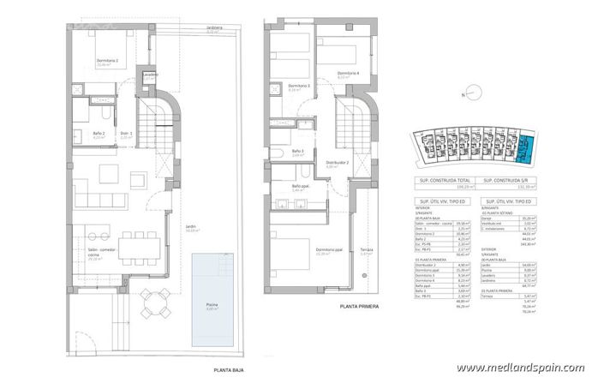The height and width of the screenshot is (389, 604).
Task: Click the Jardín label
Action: (x=190, y=227)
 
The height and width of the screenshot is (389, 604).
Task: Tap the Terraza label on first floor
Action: (x=366, y=251)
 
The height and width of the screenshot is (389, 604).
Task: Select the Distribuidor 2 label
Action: (x=337, y=162)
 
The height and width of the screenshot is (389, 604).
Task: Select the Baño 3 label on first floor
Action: (x=297, y=152)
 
